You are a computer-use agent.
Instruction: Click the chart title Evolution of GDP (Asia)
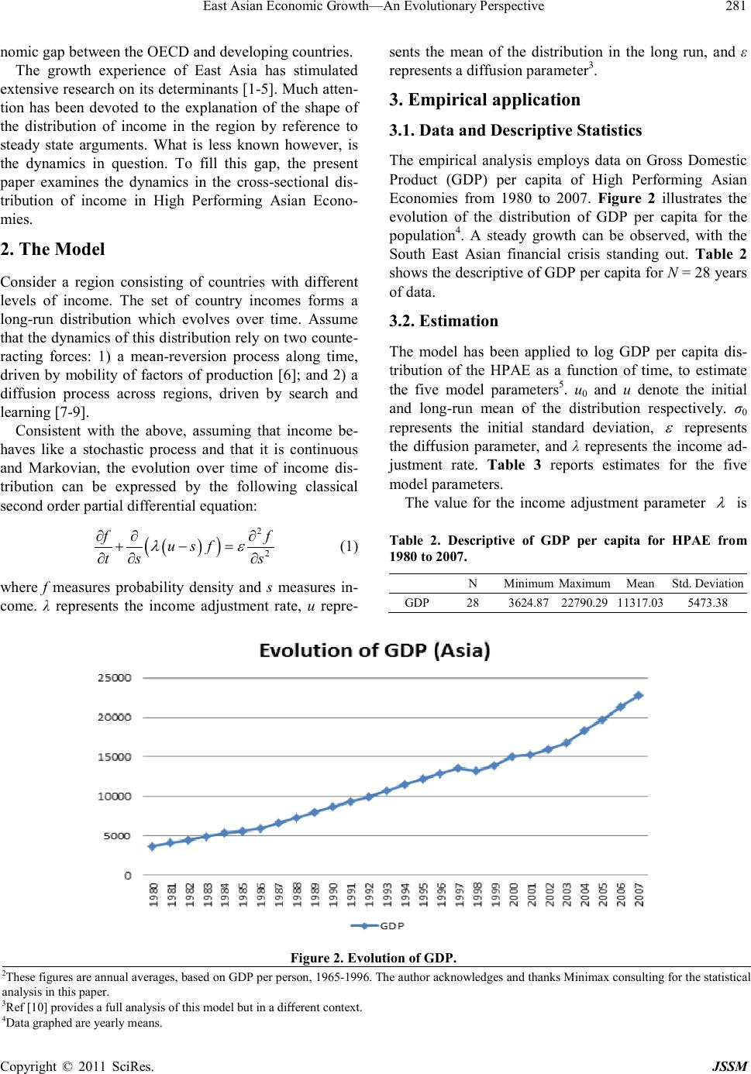point(374,652)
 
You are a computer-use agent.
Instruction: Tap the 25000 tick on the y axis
point(113,677)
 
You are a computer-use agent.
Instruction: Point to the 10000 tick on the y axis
point(113,796)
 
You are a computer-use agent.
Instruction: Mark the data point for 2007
point(639,695)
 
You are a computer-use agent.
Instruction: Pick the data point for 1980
point(152,846)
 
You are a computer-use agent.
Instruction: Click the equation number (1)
point(349,525)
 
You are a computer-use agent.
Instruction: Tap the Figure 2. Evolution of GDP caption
point(375,959)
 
